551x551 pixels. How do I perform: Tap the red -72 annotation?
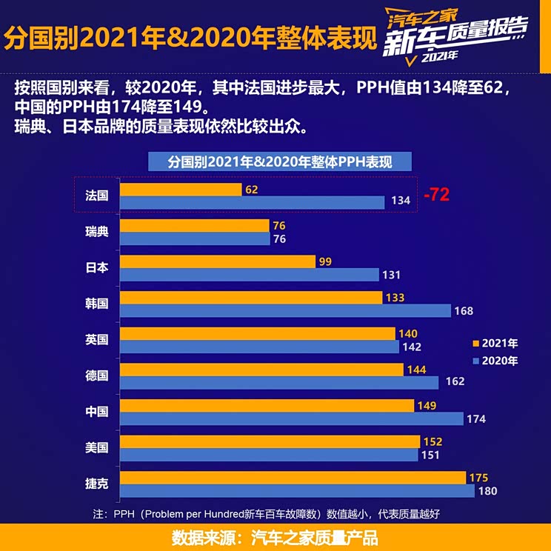point(437,196)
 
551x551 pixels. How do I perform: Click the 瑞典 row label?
point(97,232)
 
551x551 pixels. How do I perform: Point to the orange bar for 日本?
point(217,261)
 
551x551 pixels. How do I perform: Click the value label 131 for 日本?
point(392,275)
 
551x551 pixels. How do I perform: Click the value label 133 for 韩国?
point(395,297)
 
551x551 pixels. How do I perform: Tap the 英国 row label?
point(97,340)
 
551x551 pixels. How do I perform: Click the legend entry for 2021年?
point(495,344)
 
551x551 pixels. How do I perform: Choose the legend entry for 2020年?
point(495,361)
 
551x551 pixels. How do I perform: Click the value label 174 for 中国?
point(476,419)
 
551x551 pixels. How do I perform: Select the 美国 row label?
point(97,447)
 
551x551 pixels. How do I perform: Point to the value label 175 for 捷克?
point(478,478)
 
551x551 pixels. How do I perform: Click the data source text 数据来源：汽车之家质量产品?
point(275,537)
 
